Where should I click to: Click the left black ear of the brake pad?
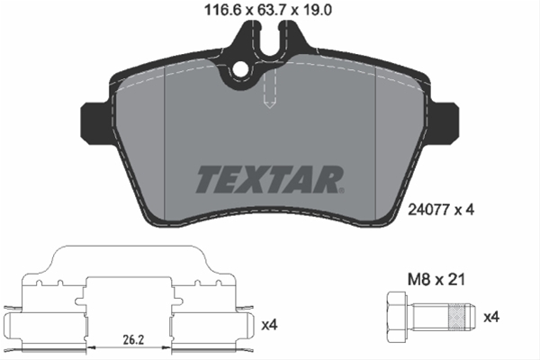93,120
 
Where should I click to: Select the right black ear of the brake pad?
447,120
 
